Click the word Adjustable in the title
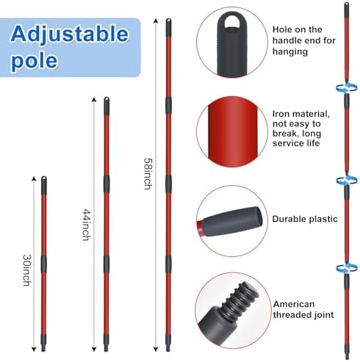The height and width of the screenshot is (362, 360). (70, 35)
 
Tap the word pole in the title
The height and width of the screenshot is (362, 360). (35, 60)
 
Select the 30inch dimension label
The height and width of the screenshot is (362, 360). (26, 270)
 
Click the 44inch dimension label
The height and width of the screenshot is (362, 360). (87, 225)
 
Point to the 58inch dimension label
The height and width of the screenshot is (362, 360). (148, 174)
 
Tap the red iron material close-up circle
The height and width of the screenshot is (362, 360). (232, 131)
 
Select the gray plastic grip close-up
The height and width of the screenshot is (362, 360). (233, 222)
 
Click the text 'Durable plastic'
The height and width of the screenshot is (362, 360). (305, 219)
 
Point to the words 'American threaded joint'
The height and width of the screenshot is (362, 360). (303, 309)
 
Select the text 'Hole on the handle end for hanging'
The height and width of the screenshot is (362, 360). (304, 40)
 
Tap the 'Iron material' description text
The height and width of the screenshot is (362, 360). (301, 128)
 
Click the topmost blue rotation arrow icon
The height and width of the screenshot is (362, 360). (346, 87)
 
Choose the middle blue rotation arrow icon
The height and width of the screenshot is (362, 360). (346, 181)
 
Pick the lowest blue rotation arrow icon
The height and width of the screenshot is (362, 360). (346, 268)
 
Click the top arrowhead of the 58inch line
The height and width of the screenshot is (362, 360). (156, 21)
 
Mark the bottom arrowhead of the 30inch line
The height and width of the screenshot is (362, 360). (34, 350)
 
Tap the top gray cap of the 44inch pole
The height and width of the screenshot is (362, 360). (107, 106)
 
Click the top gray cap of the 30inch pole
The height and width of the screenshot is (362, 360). (44, 185)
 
